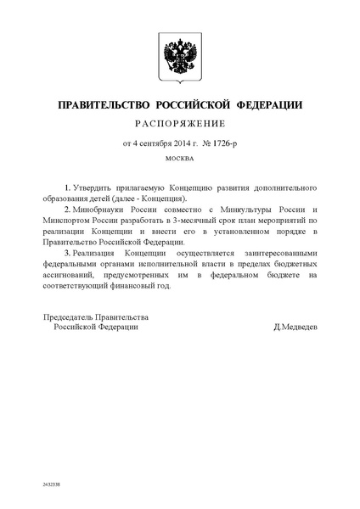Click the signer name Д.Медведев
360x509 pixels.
click(x=295, y=327)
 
